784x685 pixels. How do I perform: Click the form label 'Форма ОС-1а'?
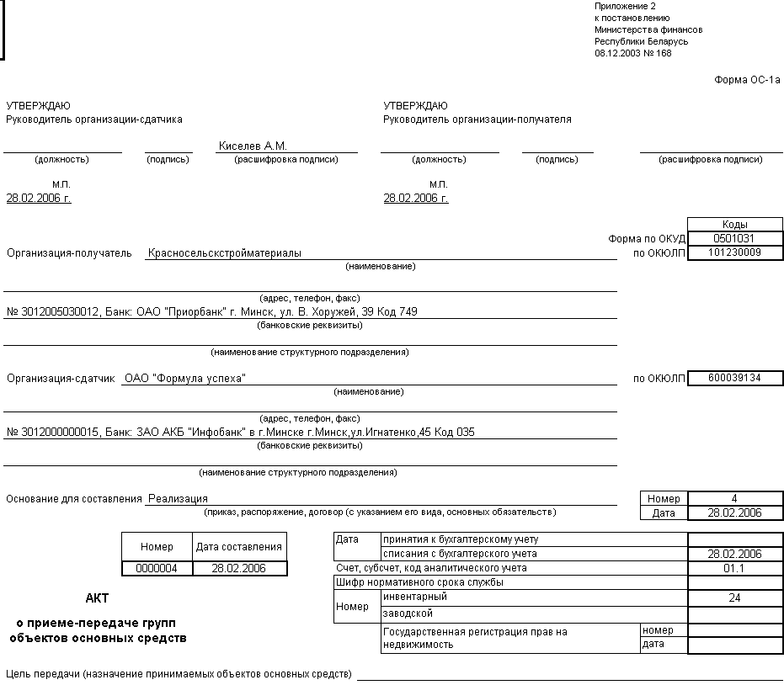(747, 80)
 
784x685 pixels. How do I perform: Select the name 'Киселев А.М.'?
(253, 146)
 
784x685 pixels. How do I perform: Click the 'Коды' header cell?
(735, 225)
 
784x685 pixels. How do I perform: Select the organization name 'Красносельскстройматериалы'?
(225, 252)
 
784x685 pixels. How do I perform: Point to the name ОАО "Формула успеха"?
(184, 379)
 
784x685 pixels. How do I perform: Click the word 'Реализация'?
(178, 499)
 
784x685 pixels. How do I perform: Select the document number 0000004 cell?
(157, 569)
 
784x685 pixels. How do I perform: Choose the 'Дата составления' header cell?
(239, 547)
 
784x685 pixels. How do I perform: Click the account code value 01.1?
(735, 568)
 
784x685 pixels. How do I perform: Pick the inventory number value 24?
(735, 597)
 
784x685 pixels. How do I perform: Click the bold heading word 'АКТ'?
(97, 598)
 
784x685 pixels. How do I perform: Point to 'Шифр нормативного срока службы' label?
(419, 582)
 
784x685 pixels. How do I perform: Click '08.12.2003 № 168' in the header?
(633, 53)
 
